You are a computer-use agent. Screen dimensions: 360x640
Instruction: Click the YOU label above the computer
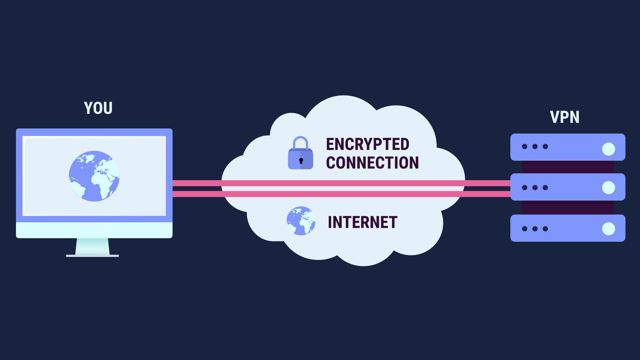[98, 108]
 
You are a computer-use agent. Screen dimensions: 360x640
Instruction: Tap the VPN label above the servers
[564, 117]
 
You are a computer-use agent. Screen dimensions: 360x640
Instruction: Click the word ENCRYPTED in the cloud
[367, 144]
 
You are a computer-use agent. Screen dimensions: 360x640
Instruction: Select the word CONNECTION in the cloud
[372, 163]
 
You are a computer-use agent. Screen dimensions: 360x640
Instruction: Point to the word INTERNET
[362, 222]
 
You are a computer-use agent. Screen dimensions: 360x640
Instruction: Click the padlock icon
[300, 154]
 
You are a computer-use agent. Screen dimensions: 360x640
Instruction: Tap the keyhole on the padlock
[301, 161]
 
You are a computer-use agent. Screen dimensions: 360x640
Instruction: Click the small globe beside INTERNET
[301, 221]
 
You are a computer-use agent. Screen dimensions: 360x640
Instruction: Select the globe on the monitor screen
[94, 176]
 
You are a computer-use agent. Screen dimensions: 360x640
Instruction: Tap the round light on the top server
[608, 149]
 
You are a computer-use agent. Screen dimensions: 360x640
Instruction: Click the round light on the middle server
[608, 187]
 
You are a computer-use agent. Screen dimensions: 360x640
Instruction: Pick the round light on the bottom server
[608, 229]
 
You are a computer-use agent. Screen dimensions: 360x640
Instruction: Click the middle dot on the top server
[535, 146]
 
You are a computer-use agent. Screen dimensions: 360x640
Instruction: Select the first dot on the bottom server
[524, 229]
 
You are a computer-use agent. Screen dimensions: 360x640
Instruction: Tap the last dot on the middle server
[545, 188]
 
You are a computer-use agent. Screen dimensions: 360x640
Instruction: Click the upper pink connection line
[340, 183]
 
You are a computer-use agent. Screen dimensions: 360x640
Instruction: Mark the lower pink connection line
[340, 194]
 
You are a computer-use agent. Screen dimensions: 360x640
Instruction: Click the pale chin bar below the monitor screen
[94, 230]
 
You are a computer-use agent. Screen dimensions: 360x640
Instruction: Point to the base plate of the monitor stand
[92, 256]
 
